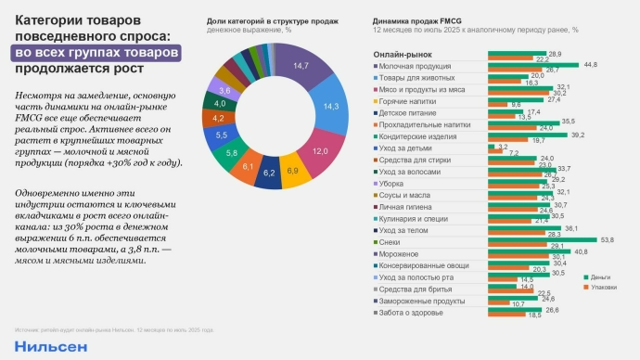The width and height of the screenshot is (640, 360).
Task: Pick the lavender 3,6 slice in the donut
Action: [x=222, y=91]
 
